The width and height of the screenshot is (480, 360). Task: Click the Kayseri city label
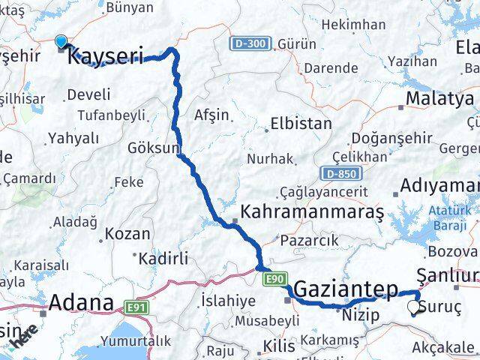click(x=105, y=55)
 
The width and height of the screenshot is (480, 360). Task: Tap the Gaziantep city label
click(x=346, y=288)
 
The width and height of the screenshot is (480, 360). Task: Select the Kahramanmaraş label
click(x=312, y=212)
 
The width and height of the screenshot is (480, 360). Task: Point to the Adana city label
click(x=81, y=304)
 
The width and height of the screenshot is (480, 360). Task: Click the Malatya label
click(x=439, y=99)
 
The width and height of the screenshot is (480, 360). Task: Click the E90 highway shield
click(x=274, y=279)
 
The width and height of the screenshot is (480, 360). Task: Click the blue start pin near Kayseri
click(x=61, y=42)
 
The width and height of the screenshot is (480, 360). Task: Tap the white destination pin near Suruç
click(x=414, y=307)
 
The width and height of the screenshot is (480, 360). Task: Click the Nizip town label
click(x=356, y=315)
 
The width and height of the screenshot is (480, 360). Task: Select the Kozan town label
click(x=127, y=233)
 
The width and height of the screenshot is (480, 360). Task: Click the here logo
click(x=25, y=341)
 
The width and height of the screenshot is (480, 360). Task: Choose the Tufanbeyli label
click(x=112, y=115)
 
